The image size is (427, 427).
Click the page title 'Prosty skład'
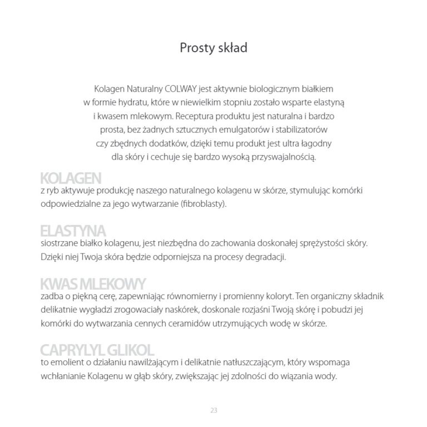coord(213,47)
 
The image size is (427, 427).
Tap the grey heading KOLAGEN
coord(71,178)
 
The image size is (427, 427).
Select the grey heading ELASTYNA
coord(73,231)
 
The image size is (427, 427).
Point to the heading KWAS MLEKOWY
coord(93,282)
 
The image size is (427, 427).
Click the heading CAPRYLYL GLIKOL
coord(98,350)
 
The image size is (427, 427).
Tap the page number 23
coord(213,410)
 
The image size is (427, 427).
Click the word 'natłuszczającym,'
coord(248,363)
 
